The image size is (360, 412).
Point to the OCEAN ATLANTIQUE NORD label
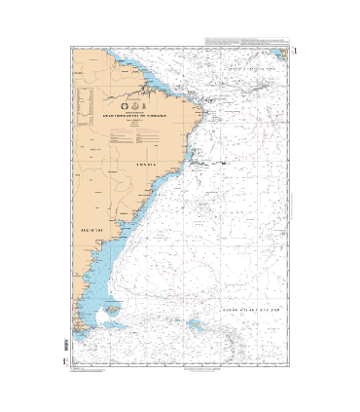point(250,71)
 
